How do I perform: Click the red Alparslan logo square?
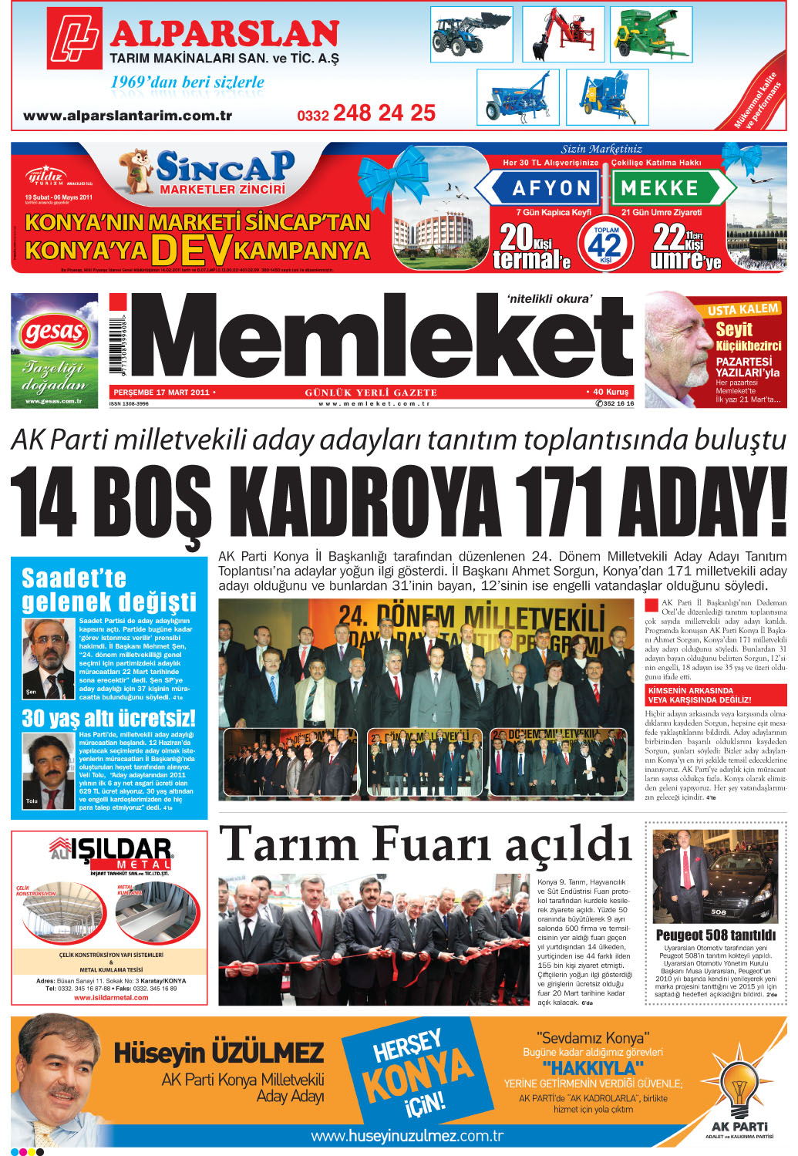[x=74, y=38]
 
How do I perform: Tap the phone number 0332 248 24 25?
[x=366, y=114]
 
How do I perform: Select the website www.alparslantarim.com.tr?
[x=128, y=116]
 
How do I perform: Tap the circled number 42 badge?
[x=606, y=245]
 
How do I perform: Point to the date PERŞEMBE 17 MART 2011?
[x=161, y=393]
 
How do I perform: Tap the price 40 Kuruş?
[x=611, y=392]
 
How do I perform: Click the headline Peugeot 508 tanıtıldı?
[x=716, y=935]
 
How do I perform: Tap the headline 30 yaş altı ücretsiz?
[x=109, y=719]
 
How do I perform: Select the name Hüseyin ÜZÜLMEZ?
[x=219, y=1053]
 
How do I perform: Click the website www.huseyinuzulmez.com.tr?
[x=407, y=1136]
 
